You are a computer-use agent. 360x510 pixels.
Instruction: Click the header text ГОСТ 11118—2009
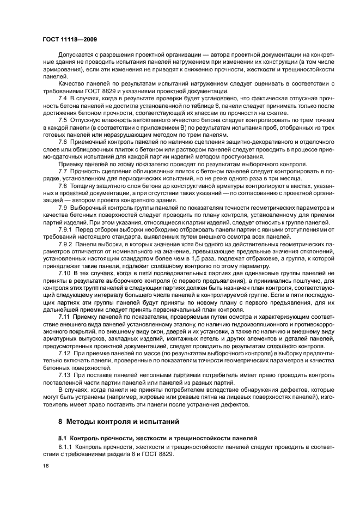(70, 40)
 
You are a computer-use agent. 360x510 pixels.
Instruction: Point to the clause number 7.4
(63, 98)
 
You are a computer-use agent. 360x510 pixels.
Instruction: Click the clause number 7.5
(63, 119)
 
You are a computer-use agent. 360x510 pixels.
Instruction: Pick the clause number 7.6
(63, 141)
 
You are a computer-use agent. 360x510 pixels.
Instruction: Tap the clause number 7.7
(63, 171)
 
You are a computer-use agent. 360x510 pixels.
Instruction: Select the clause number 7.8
(63, 185)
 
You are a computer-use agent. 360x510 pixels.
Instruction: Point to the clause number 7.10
(64, 272)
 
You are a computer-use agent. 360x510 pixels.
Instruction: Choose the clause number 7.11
(64, 315)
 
